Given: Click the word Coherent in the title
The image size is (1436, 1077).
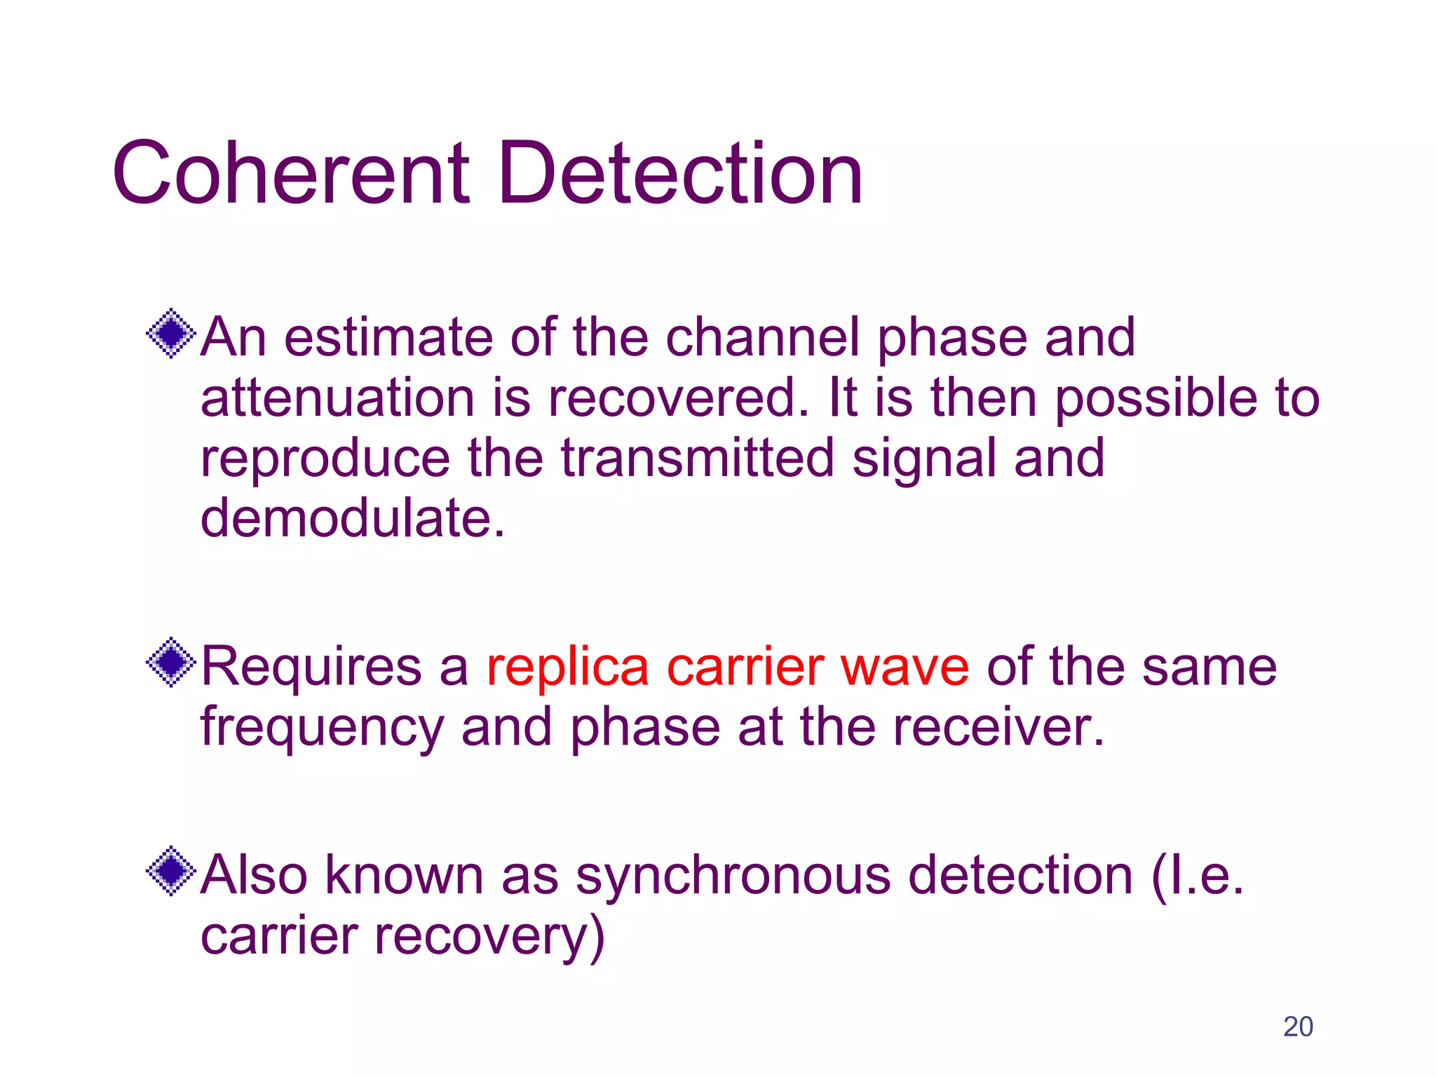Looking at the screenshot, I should click(x=291, y=173).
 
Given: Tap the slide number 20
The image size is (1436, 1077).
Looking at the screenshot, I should click(x=1298, y=1027).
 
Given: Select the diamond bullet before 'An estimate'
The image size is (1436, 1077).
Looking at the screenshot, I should click(x=171, y=334).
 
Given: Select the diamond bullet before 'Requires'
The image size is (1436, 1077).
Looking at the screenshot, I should click(x=171, y=663).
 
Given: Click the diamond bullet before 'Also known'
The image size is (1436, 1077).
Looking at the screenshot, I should click(x=171, y=872).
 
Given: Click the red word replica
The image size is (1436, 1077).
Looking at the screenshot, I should click(x=568, y=668).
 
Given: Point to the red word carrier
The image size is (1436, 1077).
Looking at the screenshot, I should click(x=745, y=668).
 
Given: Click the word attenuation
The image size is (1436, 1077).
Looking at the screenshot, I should click(x=337, y=398).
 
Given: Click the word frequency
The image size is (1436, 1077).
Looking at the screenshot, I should click(x=322, y=728).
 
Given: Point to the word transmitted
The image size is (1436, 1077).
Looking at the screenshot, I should click(x=698, y=459).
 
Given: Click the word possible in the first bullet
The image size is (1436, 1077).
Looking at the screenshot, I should click(x=1156, y=398).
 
